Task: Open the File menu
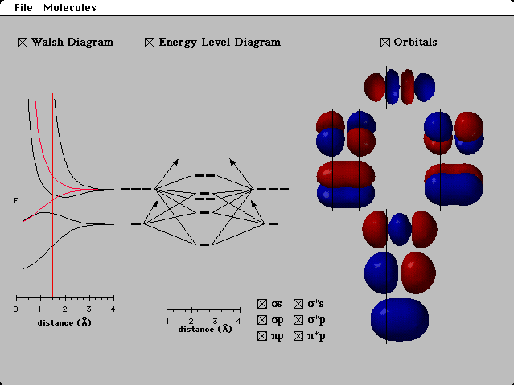(x=23, y=8)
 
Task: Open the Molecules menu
(x=69, y=8)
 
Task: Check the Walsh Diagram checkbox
(x=23, y=43)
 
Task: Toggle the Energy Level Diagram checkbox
(x=150, y=43)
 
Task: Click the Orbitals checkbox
(x=385, y=43)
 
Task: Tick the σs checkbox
(x=262, y=304)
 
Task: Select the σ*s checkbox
(x=298, y=304)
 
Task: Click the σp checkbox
(x=262, y=320)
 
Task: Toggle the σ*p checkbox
(x=298, y=320)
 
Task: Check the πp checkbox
(x=262, y=336)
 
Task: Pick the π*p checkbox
(x=298, y=336)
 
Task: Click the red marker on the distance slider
(x=179, y=304)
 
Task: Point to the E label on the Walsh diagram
(x=15, y=199)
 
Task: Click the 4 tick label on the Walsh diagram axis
(x=113, y=309)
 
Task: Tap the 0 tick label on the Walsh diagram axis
(x=16, y=309)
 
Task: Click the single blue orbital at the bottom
(x=400, y=319)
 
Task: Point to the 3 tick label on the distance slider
(x=215, y=321)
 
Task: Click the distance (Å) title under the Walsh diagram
(x=64, y=322)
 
